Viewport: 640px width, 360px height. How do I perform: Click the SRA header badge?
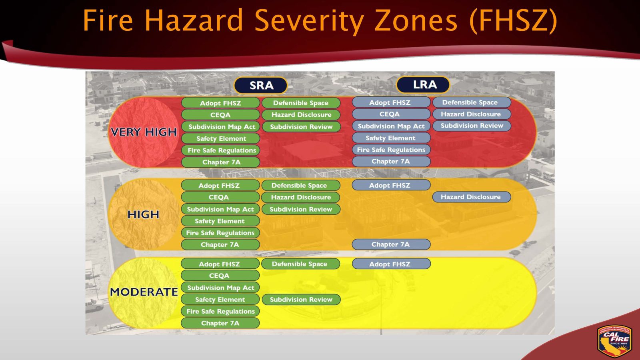261,85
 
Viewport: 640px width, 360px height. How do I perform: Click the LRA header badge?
423,84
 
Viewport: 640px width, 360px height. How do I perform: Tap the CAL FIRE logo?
615,341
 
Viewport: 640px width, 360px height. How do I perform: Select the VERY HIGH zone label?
144,132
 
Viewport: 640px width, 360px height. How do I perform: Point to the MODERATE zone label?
144,292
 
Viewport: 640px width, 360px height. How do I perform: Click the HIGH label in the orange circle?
143,214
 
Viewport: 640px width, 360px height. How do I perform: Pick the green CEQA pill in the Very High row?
220,115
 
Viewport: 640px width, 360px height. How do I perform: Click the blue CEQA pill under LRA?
390,114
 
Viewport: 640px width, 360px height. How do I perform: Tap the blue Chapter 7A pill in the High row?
391,244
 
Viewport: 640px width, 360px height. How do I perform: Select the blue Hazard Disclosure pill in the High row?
471,197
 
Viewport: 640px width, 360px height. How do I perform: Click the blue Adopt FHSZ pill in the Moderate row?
391,264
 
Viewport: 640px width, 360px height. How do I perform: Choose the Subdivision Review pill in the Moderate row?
301,300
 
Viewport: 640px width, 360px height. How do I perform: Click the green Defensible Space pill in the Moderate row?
300,264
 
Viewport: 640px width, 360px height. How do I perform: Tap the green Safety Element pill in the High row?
220,221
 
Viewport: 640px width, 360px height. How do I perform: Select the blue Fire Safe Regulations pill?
391,150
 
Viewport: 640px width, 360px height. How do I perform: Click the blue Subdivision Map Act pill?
391,126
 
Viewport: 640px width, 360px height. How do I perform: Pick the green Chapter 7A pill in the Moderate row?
220,323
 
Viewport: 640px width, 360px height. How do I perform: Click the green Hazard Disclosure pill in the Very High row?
301,115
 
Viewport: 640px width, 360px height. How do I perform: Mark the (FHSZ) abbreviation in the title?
513,21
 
